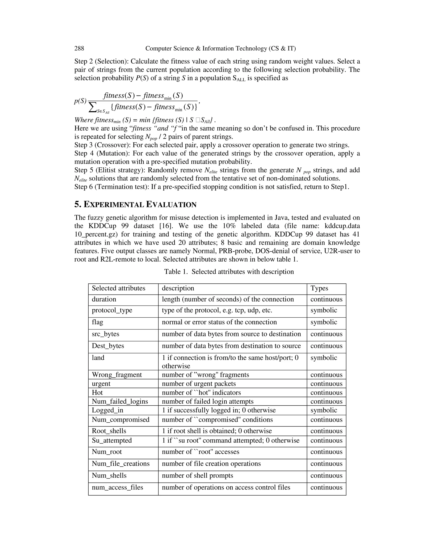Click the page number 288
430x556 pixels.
click(79, 48)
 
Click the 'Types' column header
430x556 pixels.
click(319, 288)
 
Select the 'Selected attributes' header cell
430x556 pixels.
click(118, 288)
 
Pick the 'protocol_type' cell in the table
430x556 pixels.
click(112, 310)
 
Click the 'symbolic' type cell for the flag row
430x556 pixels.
click(324, 322)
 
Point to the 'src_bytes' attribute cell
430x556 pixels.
click(105, 334)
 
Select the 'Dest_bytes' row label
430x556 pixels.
click(108, 346)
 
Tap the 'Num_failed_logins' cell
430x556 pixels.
click(120, 401)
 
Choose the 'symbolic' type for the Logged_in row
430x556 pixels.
click(324, 410)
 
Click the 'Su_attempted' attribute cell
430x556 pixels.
click(112, 440)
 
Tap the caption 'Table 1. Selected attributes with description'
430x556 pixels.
click(229, 272)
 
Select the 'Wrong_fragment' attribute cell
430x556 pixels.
click(117, 375)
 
